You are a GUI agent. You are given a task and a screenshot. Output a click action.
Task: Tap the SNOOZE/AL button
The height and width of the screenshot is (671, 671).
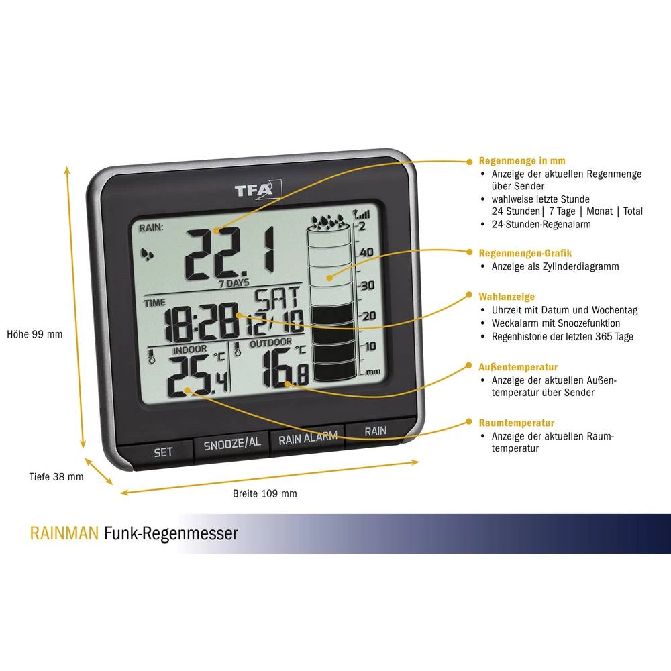point(231,443)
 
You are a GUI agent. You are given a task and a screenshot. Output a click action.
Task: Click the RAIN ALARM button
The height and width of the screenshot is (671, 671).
point(307,439)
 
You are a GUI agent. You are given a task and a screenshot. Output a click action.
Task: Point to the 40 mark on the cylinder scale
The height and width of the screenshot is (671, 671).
point(367,252)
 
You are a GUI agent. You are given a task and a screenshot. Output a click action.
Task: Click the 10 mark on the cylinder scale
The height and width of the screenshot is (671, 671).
point(368,346)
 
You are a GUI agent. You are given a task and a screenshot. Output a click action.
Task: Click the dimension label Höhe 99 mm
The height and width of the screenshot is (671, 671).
point(34,333)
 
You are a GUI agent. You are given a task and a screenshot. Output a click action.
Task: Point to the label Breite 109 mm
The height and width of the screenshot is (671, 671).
point(264,493)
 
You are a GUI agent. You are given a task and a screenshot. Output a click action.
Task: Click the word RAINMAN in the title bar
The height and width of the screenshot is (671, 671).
point(64,533)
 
